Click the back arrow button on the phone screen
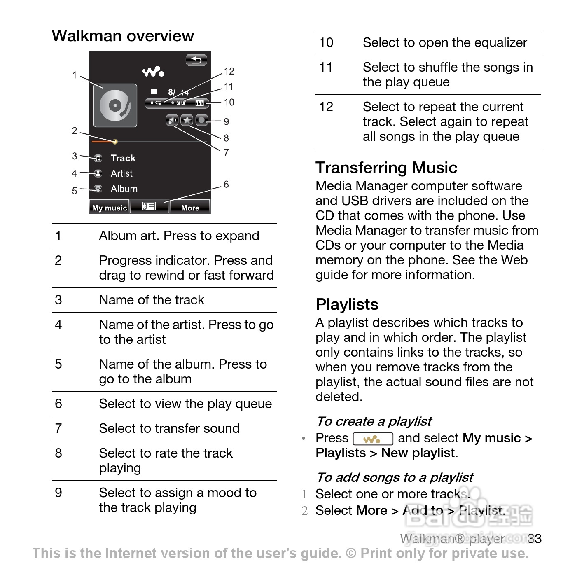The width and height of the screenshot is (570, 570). click(196, 61)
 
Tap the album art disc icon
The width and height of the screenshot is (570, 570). click(115, 105)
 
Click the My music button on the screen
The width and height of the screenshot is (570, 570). click(110, 208)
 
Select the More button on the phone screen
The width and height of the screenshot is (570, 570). click(190, 208)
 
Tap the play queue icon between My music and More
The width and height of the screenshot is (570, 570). click(149, 206)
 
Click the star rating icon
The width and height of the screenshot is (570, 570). click(187, 120)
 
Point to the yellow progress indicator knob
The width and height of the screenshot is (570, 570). click(115, 142)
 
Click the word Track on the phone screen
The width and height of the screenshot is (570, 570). click(123, 158)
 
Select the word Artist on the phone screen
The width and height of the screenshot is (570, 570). click(121, 173)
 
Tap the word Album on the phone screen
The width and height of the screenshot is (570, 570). click(124, 189)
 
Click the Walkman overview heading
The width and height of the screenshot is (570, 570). click(123, 36)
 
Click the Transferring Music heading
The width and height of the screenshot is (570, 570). click(386, 168)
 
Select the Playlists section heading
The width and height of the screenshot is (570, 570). click(347, 304)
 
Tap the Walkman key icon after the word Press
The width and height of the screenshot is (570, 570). click(373, 439)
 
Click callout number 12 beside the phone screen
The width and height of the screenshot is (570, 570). click(229, 71)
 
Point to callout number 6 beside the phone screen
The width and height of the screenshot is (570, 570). click(226, 184)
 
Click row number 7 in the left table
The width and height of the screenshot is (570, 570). click(58, 428)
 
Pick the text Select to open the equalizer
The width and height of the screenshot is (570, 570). click(444, 42)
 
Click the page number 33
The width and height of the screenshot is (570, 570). click(535, 538)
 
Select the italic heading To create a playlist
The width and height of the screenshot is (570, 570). click(374, 421)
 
